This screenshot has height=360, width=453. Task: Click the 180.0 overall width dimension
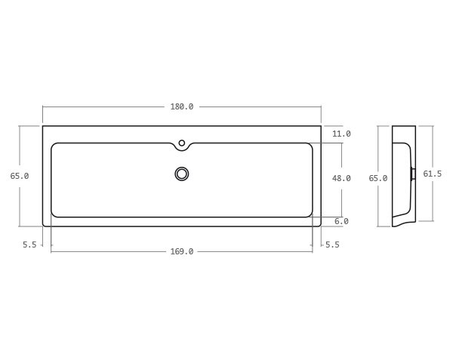[181, 106]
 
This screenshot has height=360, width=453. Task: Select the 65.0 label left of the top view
[20, 176]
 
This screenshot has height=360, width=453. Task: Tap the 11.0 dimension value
[341, 134]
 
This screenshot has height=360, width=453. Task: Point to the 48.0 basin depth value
[341, 178]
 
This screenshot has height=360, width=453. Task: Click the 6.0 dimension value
[341, 221]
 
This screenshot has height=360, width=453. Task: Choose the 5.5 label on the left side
[29, 245]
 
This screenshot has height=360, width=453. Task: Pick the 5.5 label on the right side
[332, 245]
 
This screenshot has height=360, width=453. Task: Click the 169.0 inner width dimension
[181, 251]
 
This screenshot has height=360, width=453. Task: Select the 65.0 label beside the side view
[377, 178]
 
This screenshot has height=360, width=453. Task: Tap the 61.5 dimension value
[432, 174]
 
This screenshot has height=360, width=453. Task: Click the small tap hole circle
[182, 143]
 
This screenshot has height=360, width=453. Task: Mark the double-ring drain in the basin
[182, 174]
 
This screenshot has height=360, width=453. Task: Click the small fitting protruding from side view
[413, 174]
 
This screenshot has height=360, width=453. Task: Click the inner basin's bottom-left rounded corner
[54, 214]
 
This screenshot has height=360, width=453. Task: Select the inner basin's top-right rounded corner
[310, 146]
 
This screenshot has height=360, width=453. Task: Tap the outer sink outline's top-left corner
[43, 126]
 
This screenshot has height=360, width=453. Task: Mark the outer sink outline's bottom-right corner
[320, 225]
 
